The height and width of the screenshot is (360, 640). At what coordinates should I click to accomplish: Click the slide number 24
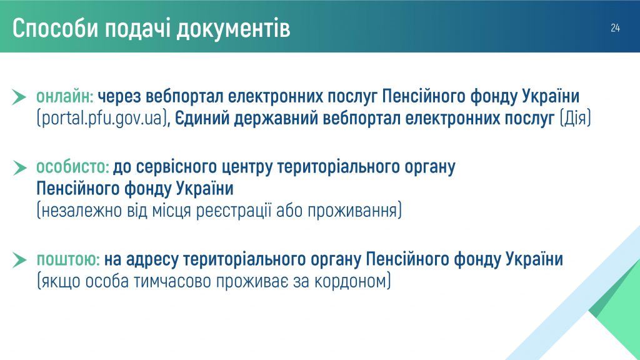pyautogui.click(x=615, y=27)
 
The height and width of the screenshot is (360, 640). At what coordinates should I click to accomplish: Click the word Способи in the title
pyautogui.click(x=56, y=29)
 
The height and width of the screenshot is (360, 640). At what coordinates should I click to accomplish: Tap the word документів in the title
pyautogui.click(x=234, y=29)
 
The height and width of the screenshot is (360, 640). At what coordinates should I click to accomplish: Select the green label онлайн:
pyautogui.click(x=65, y=97)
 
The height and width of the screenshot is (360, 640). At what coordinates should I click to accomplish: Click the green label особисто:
pyautogui.click(x=72, y=167)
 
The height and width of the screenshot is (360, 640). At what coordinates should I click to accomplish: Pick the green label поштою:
pyautogui.click(x=68, y=259)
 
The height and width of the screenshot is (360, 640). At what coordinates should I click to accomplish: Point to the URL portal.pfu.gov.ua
pyautogui.click(x=102, y=119)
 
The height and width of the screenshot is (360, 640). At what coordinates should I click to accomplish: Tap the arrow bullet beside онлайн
pyautogui.click(x=19, y=97)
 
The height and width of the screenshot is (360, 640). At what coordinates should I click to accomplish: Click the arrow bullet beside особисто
pyautogui.click(x=19, y=167)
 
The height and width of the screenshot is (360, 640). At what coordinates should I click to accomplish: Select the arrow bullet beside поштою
pyautogui.click(x=19, y=260)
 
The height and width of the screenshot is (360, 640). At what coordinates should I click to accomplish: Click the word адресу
pyautogui.click(x=152, y=260)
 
